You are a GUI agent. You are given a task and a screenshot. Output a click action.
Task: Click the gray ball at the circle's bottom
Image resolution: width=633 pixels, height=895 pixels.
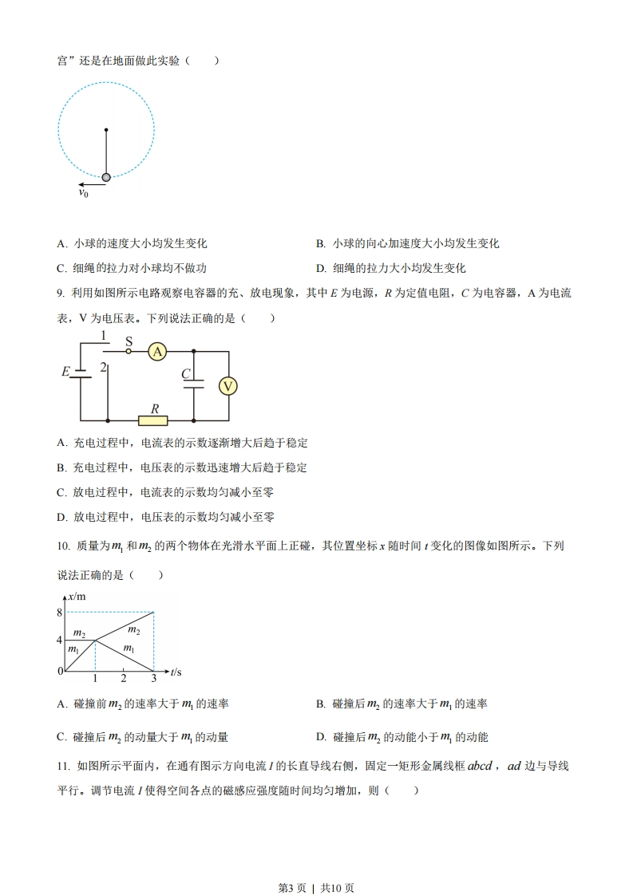tap(106, 177)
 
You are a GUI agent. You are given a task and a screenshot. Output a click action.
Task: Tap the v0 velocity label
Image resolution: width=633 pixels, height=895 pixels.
tap(83, 193)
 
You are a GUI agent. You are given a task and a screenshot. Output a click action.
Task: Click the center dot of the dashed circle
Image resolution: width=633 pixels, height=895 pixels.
tap(106, 129)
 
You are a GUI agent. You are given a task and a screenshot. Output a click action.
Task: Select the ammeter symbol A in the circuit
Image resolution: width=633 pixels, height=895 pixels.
tap(158, 351)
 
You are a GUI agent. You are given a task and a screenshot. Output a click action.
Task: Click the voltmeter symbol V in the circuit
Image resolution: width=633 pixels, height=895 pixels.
tap(228, 386)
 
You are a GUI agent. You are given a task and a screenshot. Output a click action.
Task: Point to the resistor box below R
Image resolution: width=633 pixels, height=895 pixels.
tap(152, 420)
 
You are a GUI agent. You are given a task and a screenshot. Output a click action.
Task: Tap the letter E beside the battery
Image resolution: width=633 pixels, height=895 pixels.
tap(65, 372)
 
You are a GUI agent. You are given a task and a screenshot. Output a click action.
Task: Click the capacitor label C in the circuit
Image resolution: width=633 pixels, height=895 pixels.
tap(185, 373)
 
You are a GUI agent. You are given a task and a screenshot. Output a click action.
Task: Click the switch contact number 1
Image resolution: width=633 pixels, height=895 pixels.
tap(104, 335)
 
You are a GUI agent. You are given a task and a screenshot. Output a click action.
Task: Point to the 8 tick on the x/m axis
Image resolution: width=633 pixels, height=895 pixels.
tap(59, 613)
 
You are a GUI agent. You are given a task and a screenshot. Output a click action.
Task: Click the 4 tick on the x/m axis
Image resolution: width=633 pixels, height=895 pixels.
tap(59, 640)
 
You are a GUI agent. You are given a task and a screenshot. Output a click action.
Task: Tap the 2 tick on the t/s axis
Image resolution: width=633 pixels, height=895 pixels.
tap(123, 678)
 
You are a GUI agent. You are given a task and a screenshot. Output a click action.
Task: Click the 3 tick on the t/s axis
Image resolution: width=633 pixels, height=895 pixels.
tap(153, 678)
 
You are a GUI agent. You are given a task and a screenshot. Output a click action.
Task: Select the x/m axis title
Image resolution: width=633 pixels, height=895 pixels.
tap(77, 597)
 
